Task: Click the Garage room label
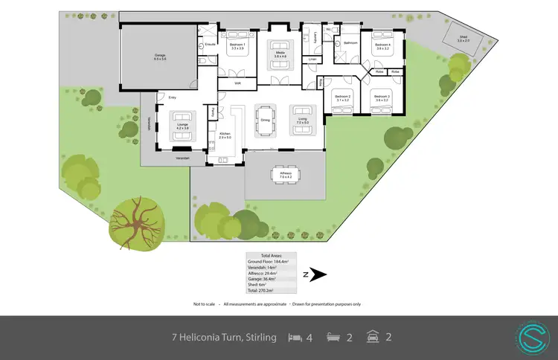point(160,57)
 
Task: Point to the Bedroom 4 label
point(382,46)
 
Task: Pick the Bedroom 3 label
point(382,98)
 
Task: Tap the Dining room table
point(265,118)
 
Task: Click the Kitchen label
point(225,135)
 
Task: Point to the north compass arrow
point(318,275)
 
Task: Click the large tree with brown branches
point(136,222)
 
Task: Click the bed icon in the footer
point(295,337)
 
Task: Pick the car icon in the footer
point(371,337)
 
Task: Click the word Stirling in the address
point(259,338)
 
